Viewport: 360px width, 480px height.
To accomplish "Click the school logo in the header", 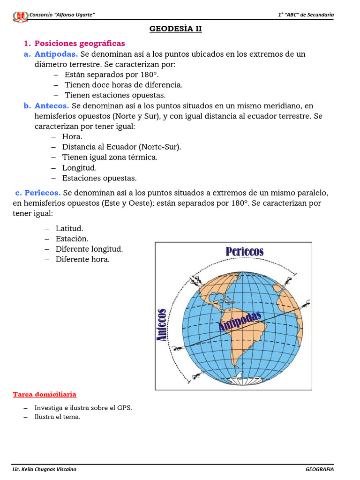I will (20, 16).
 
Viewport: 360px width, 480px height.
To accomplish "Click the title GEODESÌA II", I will (175, 29).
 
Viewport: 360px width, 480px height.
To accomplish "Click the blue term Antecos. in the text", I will (52, 106).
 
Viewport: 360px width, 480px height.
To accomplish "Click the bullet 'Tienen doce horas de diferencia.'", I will (123, 85).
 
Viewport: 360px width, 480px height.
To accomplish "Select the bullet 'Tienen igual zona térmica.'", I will (110, 157).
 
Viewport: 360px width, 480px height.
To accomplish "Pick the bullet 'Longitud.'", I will (79, 168).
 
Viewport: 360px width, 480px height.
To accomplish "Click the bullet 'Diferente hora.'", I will (82, 259).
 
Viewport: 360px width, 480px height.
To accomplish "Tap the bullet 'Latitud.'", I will (69, 228).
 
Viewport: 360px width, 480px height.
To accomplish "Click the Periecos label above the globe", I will (244, 252).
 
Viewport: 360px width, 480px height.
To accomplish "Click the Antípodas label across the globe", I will (240, 322).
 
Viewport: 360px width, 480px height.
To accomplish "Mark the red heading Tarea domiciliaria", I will (45, 395).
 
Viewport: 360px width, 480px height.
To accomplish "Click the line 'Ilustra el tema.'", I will (57, 417).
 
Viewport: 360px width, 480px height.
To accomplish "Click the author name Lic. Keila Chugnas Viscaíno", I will (44, 469).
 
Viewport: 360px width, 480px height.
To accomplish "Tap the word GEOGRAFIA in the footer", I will (320, 469).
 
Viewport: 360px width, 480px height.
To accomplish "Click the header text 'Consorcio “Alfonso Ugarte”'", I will (62, 15).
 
